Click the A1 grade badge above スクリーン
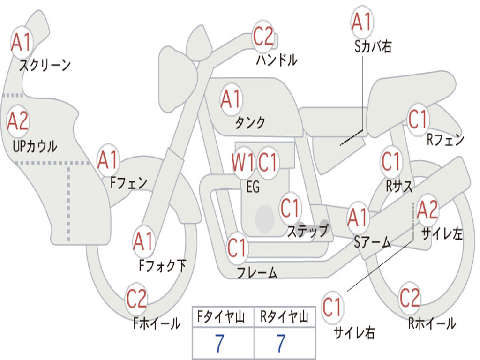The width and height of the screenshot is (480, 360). coord(22,42)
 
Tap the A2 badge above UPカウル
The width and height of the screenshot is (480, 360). coord(18,121)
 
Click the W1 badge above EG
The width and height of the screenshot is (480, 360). coord(243,162)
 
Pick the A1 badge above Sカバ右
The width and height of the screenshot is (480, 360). coord(362,22)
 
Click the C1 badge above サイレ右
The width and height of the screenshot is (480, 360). coord(332,307)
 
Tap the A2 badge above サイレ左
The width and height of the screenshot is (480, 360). coord(427,210)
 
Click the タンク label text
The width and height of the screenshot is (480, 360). coord(250,122)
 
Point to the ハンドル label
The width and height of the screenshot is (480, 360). coord(277,60)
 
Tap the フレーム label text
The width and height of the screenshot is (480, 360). coord(257,272)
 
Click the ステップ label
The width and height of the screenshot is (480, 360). coord(307,231)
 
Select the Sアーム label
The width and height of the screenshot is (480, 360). coord(373,242)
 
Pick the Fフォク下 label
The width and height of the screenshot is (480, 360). coord(162,266)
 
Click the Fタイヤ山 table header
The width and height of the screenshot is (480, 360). coord(221,317)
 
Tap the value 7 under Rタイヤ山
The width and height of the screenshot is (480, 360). coord(281,343)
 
